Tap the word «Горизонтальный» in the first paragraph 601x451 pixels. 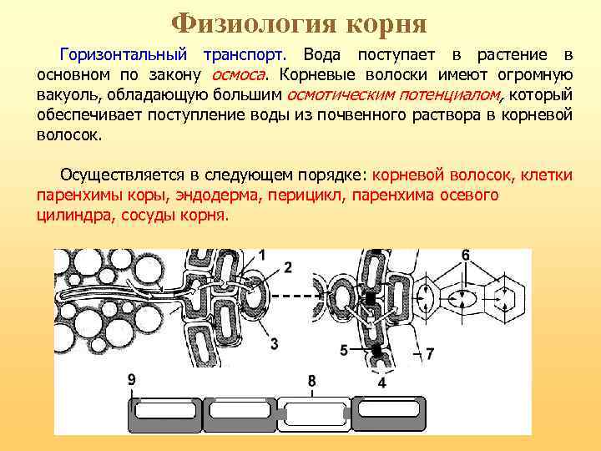124,55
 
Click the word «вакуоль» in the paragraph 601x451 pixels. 66,94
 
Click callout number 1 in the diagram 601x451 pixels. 263,254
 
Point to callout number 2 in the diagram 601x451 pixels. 287,267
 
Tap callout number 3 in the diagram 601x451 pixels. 275,343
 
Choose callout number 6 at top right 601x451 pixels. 465,254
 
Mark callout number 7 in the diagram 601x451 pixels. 429,354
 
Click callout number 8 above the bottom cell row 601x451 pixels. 311,381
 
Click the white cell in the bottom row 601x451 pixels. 316,412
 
